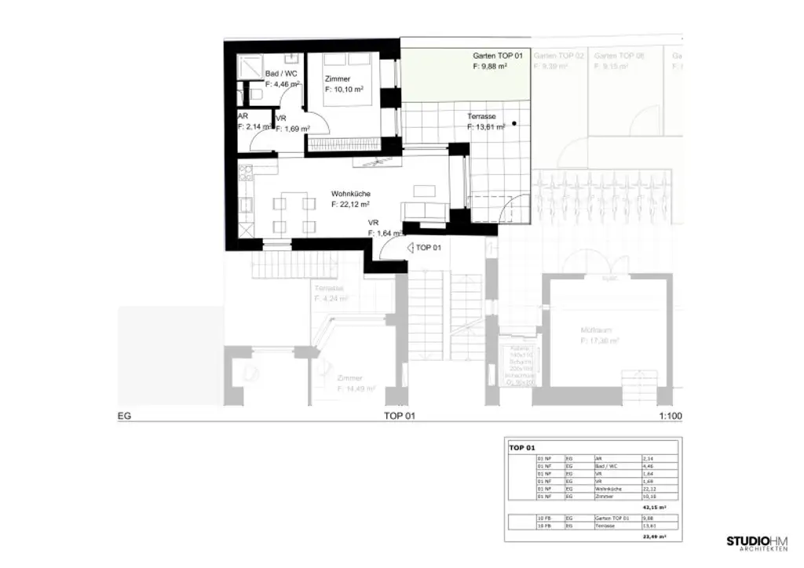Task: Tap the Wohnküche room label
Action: tap(351, 194)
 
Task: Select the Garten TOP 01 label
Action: tap(498, 56)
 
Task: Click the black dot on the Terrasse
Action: tap(514, 123)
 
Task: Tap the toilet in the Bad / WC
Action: tap(256, 94)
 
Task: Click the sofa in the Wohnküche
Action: tap(424, 211)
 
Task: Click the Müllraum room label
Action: tap(595, 331)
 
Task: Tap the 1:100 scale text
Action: tap(671, 417)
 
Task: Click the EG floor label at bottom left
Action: tap(123, 417)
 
